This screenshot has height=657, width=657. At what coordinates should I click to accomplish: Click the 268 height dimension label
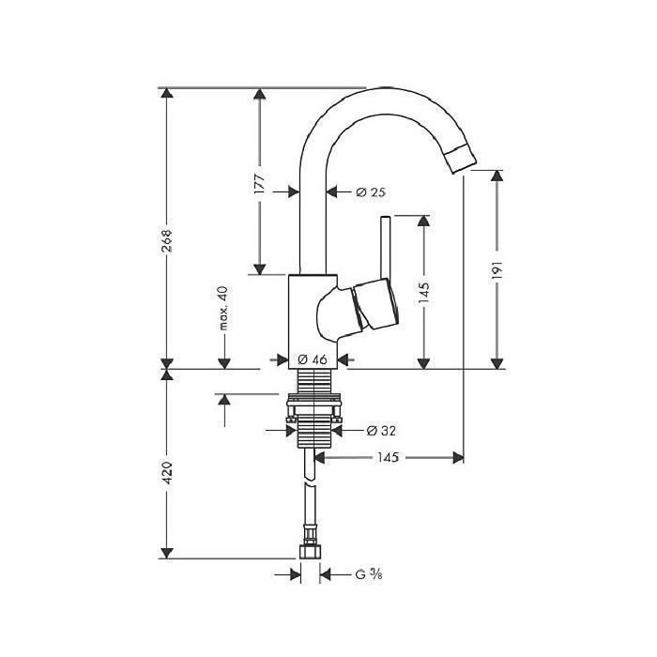(x=167, y=241)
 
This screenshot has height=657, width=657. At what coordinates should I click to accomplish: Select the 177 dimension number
(x=260, y=182)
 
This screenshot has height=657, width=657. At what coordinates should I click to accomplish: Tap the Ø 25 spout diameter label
(x=371, y=192)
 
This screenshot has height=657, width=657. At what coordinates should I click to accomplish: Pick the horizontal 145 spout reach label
(x=388, y=457)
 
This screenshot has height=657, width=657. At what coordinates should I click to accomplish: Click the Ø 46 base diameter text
(x=313, y=359)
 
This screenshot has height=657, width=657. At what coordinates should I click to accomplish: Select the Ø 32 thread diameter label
(x=381, y=430)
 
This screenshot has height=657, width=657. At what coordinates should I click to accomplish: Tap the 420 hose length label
(x=167, y=473)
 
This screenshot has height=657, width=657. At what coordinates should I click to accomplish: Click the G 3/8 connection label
(x=368, y=574)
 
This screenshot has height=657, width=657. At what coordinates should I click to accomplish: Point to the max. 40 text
(x=224, y=308)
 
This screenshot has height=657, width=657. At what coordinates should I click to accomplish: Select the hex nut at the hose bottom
(x=311, y=552)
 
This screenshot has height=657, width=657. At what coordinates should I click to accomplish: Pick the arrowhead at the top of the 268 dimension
(x=167, y=93)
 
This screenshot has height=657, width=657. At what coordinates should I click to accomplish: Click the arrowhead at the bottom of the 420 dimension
(x=167, y=553)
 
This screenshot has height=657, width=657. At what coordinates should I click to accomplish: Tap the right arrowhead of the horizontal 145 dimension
(x=458, y=458)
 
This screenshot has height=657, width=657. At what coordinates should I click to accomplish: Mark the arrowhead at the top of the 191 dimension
(x=497, y=176)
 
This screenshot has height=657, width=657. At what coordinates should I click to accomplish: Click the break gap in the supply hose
(x=311, y=481)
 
